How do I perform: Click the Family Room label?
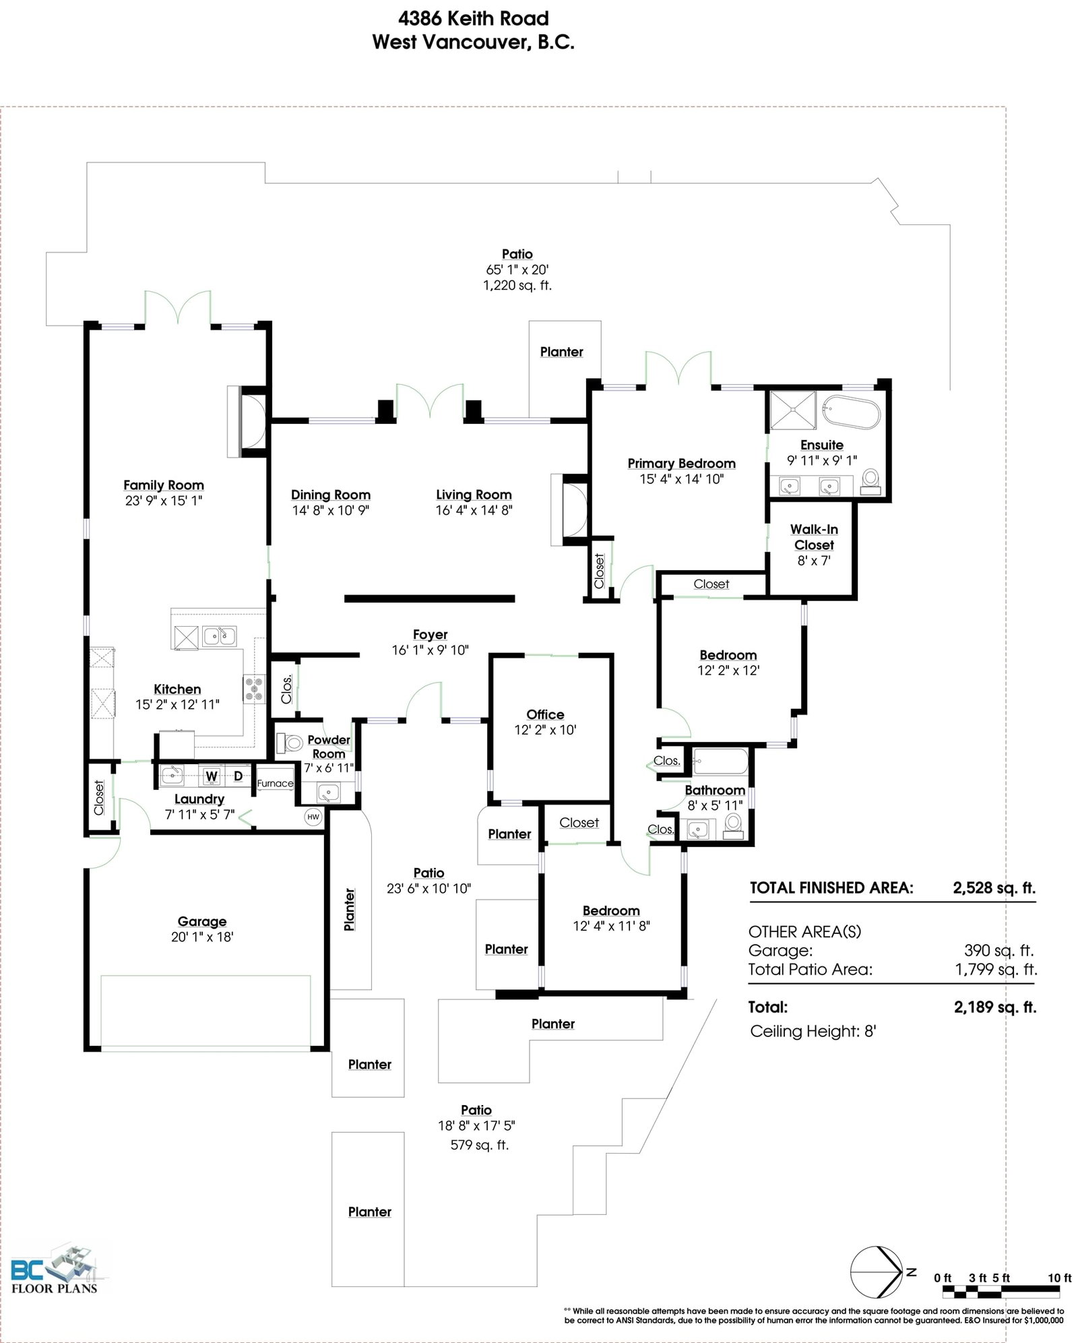coord(164,485)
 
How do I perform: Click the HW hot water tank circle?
coord(313,817)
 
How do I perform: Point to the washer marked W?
coord(212,776)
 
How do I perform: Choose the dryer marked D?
coord(238,776)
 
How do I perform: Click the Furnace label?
coord(275,783)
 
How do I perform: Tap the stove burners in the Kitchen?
coord(255,689)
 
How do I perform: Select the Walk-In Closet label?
coord(814,537)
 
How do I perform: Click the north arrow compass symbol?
coord(877,1272)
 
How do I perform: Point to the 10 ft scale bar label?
coord(1059,1278)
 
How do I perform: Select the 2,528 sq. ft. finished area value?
coord(994,887)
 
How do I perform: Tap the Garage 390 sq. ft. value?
coord(998,950)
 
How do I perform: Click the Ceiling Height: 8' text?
coord(813,1031)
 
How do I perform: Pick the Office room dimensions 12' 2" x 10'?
coord(545,730)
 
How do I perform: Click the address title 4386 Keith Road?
coord(473,18)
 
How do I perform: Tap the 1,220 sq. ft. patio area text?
coord(517,285)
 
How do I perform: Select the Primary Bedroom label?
coord(681,464)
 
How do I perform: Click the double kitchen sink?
coord(220,635)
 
